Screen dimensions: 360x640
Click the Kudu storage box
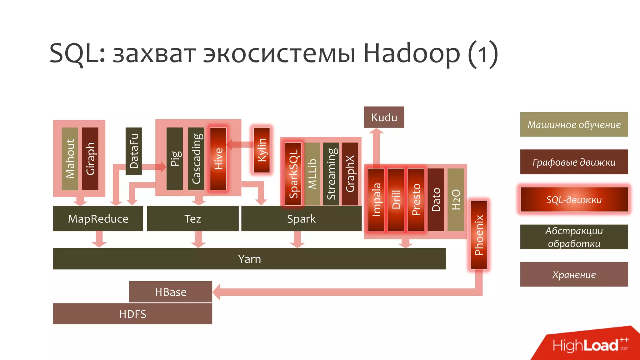click(384, 117)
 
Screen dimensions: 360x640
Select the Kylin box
click(262, 150)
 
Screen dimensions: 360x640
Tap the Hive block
click(218, 158)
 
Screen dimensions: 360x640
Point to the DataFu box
click(133, 151)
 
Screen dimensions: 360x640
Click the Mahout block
click(70, 158)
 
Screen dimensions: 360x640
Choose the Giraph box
click(90, 158)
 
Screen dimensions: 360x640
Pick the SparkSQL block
click(293, 174)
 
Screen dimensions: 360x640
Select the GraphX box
click(350, 174)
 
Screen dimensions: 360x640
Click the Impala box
click(376, 199)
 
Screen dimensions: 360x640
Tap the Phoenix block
click(479, 235)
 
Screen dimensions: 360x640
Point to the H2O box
click(456, 199)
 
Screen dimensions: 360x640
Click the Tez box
click(192, 218)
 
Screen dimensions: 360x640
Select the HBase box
click(171, 292)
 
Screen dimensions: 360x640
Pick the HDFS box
click(132, 314)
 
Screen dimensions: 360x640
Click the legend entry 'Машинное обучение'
click(574, 124)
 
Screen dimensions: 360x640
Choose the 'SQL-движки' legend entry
click(574, 199)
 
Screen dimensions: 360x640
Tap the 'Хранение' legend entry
click(574, 274)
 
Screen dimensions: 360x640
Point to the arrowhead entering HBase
click(217, 292)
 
